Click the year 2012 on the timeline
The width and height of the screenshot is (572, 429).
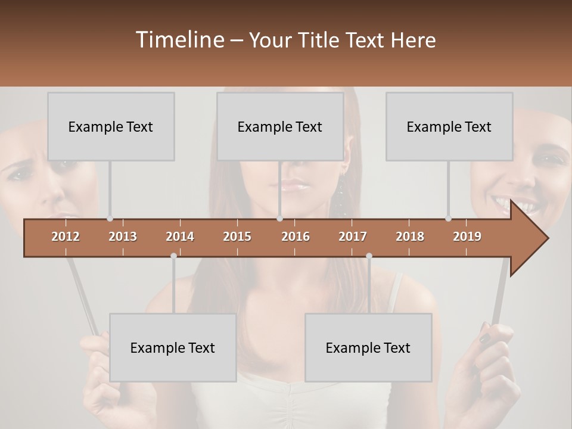(66, 237)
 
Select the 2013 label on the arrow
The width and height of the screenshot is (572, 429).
(123, 237)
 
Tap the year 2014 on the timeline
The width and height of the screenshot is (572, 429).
(180, 237)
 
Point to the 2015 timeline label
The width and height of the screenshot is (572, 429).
(237, 237)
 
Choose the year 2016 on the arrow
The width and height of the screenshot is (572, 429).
(296, 237)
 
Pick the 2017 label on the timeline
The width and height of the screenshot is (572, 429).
(353, 237)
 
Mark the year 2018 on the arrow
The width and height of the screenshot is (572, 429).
(410, 237)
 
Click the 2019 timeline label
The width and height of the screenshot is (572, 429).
(467, 237)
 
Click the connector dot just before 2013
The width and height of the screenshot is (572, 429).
(110, 219)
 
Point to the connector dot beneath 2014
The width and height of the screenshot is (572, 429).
(173, 256)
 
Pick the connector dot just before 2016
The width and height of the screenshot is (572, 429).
(279, 219)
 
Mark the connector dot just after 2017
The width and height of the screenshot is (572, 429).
(369, 256)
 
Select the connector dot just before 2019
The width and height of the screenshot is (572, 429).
(448, 219)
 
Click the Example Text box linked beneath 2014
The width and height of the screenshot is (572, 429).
(173, 347)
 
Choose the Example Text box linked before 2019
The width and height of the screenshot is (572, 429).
(449, 126)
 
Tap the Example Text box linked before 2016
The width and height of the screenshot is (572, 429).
(280, 126)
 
